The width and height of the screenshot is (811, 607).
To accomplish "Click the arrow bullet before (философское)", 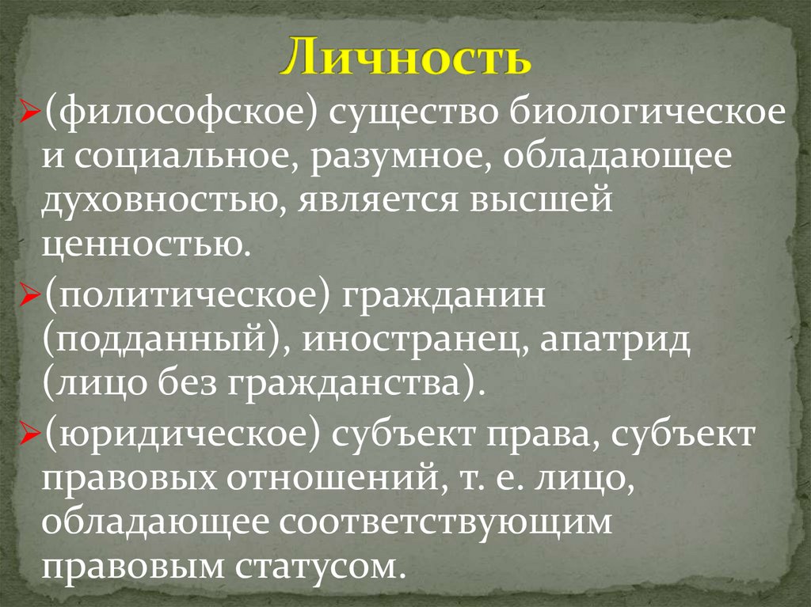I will coord(29,117).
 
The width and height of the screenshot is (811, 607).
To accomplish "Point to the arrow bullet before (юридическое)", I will coord(29,437).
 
